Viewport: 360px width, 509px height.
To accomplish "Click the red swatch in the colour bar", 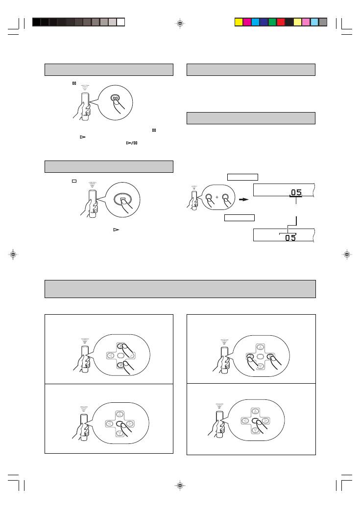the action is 281,22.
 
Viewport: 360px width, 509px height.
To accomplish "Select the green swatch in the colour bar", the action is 272,22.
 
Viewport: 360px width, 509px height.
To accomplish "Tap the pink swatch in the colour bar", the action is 306,22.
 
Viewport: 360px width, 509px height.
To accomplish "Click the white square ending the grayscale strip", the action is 120,22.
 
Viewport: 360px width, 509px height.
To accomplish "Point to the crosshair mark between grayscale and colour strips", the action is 180,23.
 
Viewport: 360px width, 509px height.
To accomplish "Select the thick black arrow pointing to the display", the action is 243,200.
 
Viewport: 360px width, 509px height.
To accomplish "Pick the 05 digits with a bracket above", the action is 290,237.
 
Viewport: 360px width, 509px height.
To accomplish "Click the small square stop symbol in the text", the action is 74,181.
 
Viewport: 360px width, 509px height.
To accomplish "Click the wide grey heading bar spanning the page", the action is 180,289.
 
